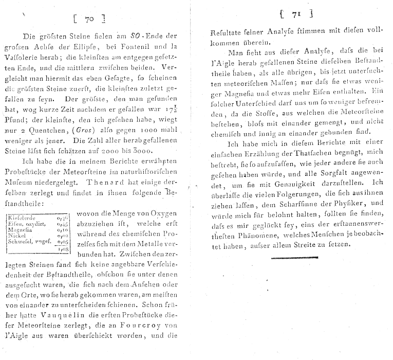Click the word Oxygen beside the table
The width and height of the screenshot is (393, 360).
164,213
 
